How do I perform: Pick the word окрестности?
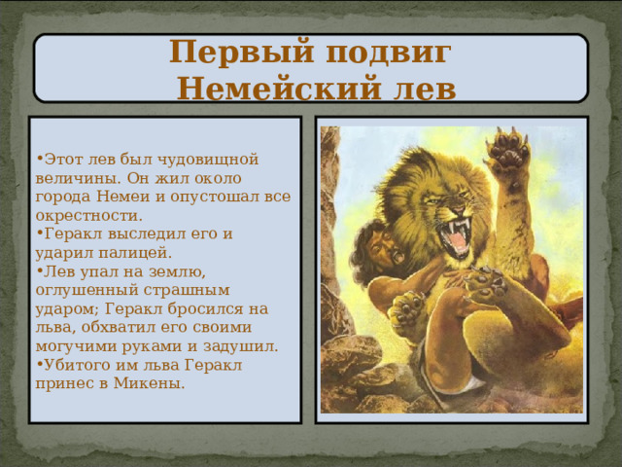[87, 215]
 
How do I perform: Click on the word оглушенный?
[85, 290]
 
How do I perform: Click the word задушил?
[239, 346]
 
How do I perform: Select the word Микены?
[151, 383]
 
